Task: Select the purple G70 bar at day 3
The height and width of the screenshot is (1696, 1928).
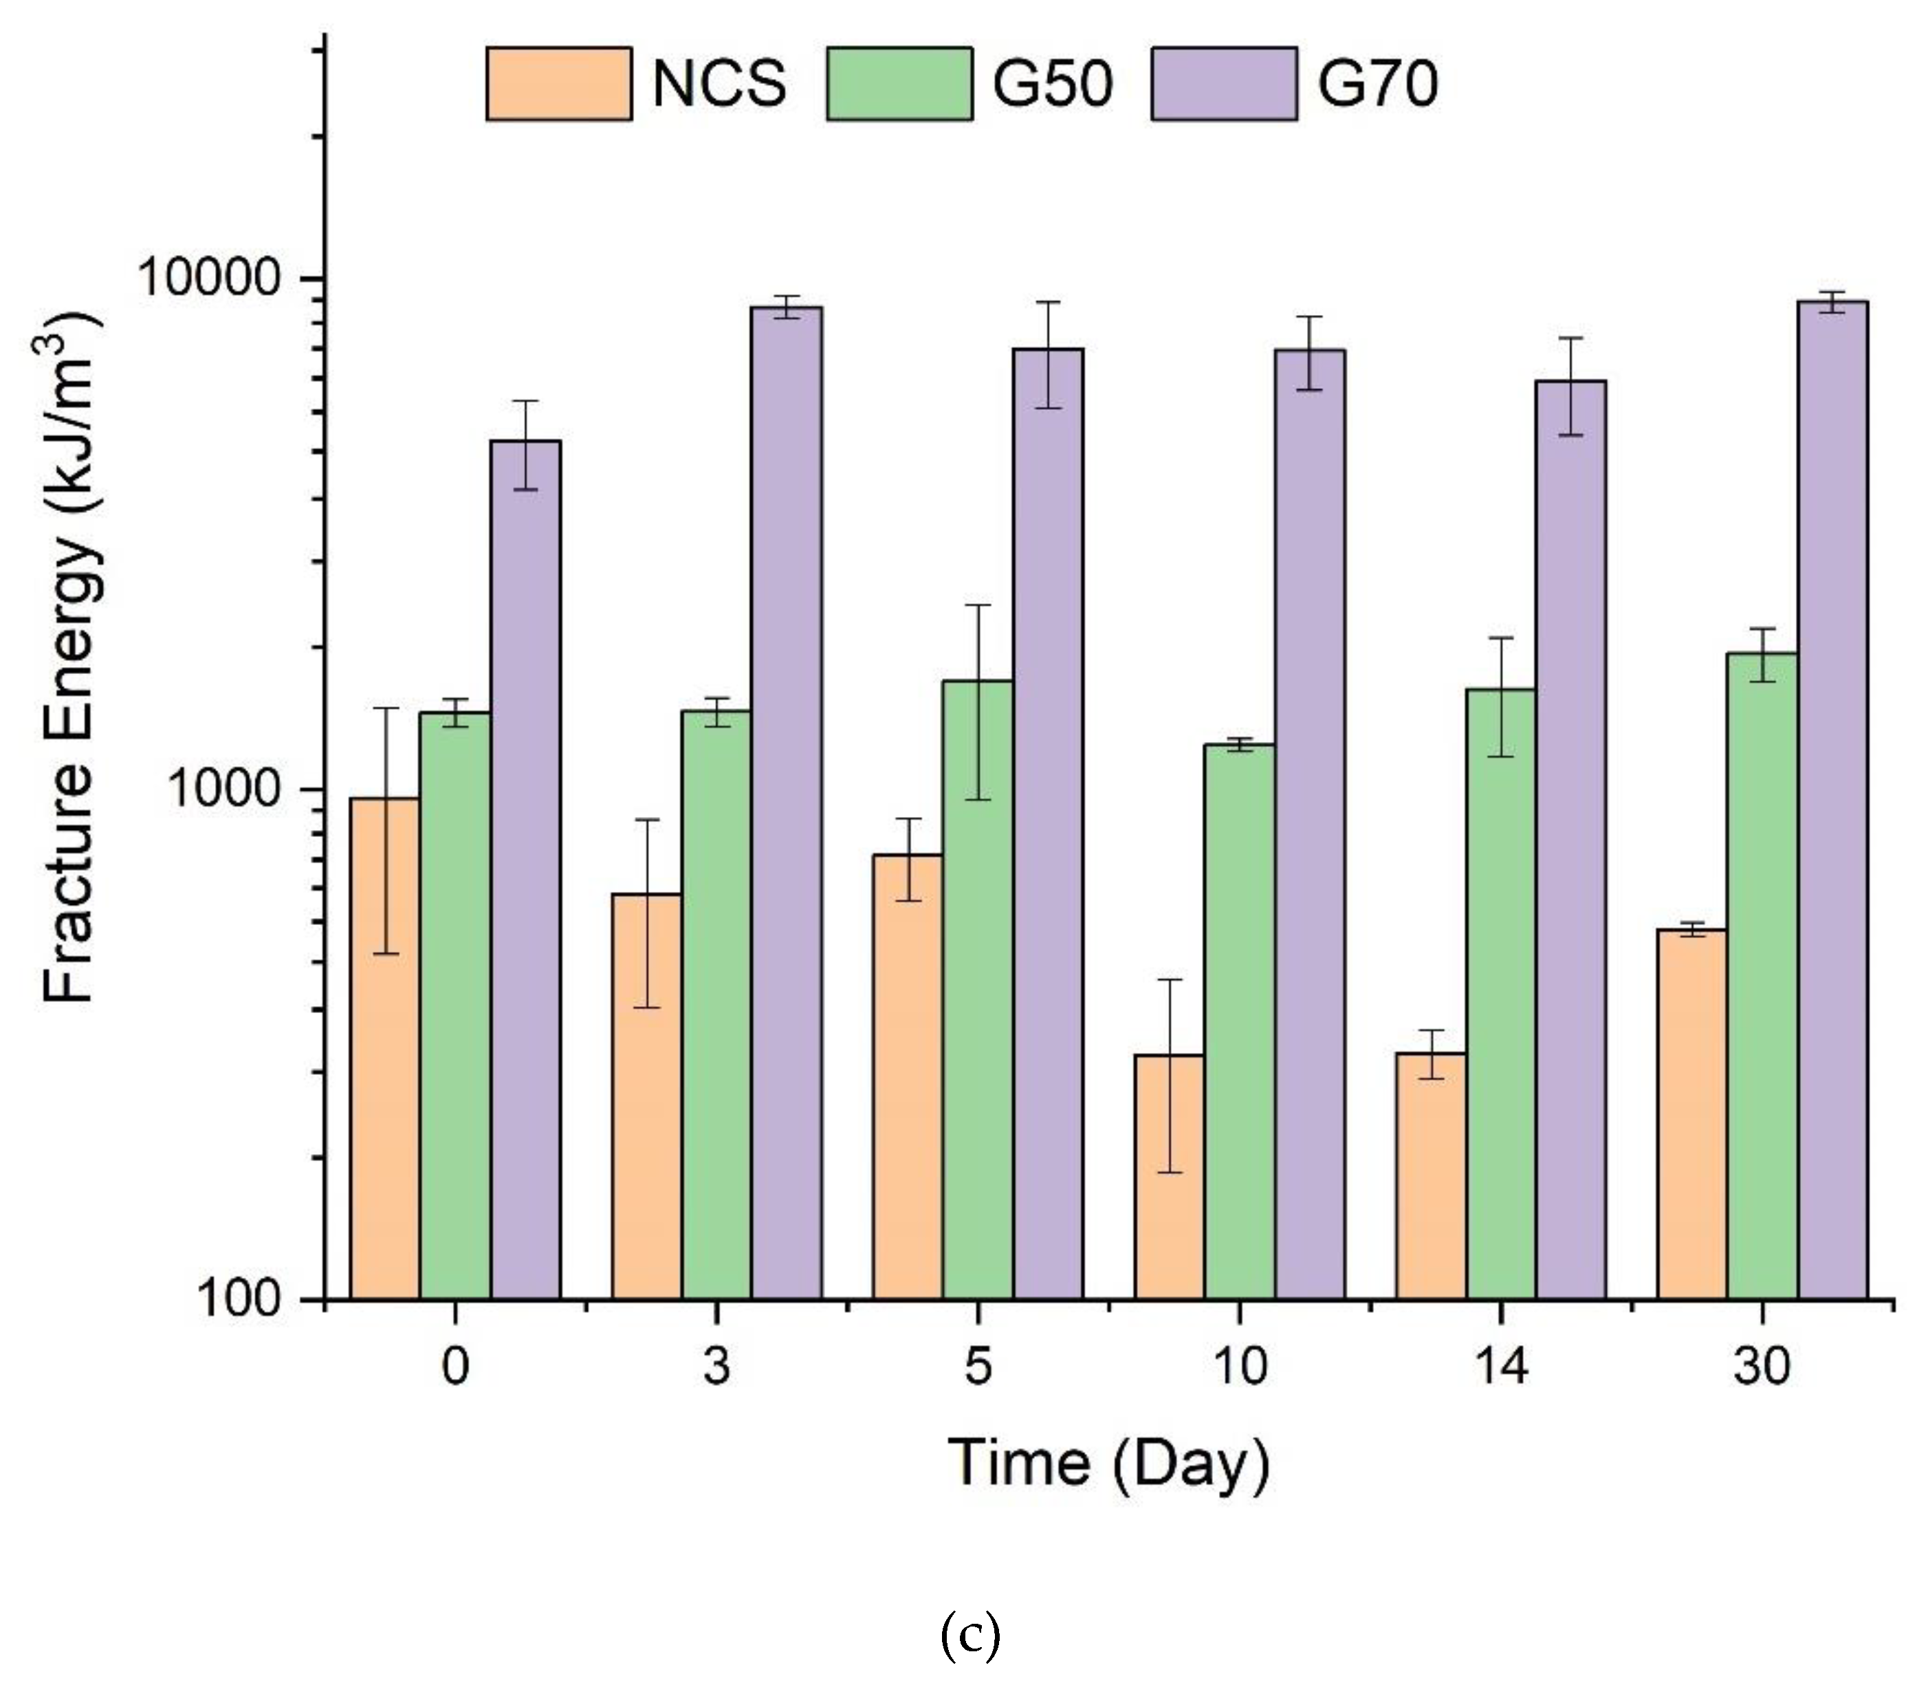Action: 787,802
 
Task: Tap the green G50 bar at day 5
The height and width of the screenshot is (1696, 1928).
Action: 978,990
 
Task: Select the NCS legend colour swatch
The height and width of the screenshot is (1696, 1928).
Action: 558,83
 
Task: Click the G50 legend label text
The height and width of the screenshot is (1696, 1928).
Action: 1052,83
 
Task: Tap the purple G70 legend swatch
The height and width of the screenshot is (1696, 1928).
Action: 1223,83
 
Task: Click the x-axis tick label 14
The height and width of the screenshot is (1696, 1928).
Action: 1500,1366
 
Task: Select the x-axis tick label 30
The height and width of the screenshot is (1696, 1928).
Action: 1761,1366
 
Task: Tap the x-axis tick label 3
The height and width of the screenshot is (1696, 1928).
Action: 717,1366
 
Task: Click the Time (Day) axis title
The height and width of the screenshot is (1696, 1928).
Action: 1109,1463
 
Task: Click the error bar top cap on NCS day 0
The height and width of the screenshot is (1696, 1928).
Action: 385,708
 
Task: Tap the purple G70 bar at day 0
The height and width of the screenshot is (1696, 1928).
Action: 525,868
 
